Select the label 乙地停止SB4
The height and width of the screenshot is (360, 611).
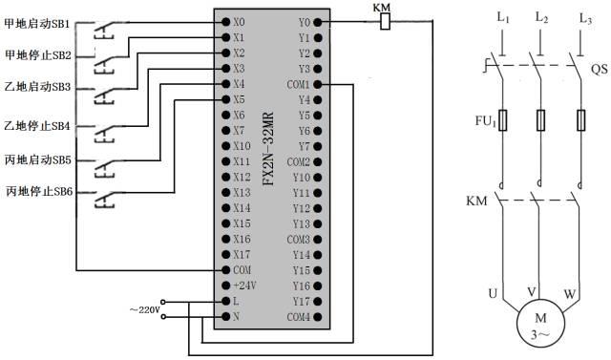point(37,126)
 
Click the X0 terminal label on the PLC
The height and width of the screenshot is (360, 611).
point(239,21)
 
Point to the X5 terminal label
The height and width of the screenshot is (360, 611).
point(239,98)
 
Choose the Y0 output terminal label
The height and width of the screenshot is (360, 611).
point(304,21)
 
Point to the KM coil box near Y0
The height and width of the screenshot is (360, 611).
point(385,22)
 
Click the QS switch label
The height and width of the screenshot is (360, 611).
point(599,70)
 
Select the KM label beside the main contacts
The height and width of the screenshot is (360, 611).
point(476,203)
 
